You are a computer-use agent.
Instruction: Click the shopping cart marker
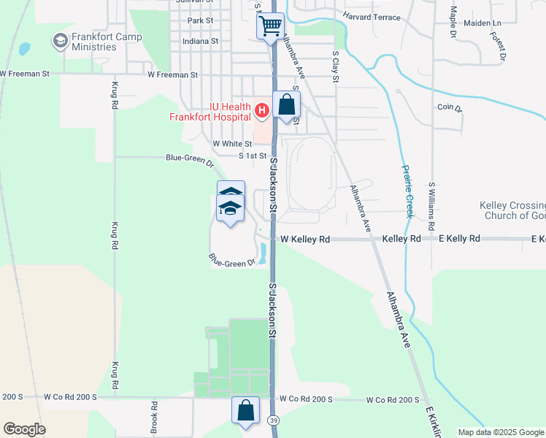(271, 27)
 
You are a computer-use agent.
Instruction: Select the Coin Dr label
(450, 108)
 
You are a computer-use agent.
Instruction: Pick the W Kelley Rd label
(305, 239)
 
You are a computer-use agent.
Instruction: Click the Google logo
(24, 429)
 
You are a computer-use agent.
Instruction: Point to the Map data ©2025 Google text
(501, 432)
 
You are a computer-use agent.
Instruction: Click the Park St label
(199, 20)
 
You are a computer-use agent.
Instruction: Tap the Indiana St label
(201, 42)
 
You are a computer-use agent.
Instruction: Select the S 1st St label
(252, 156)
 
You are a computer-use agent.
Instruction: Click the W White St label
(232, 144)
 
